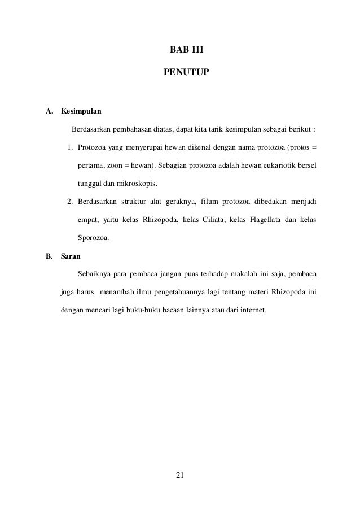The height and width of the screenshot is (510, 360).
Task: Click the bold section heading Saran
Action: coord(71,256)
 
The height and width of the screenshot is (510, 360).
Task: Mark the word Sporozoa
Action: coord(94,238)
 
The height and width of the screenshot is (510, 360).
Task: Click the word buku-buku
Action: coord(152,310)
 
